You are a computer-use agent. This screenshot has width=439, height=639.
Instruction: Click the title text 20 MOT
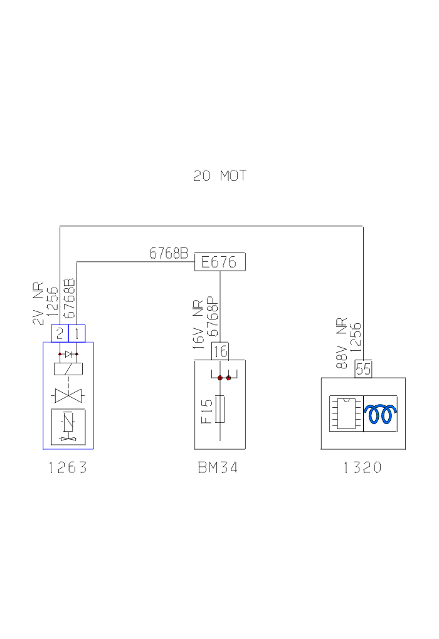(219, 176)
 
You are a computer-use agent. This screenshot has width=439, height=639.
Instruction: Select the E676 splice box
(219, 262)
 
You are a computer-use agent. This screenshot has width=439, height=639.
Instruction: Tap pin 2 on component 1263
(59, 333)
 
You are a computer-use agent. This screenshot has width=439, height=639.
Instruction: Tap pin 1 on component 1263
(77, 333)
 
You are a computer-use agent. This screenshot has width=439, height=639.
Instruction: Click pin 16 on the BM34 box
(219, 351)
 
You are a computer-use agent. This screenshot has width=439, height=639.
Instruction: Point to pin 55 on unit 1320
(363, 369)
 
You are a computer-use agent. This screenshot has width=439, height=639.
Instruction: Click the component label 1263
(68, 467)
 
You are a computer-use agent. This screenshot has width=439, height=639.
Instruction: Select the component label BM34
(219, 467)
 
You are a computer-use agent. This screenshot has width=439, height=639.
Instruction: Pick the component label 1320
(362, 467)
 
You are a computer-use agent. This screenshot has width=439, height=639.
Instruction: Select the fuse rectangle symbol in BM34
(220, 409)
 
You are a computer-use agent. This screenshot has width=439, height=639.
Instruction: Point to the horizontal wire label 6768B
(169, 254)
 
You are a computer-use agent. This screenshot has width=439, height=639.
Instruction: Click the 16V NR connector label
(198, 331)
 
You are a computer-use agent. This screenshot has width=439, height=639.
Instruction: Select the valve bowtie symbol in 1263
(68, 395)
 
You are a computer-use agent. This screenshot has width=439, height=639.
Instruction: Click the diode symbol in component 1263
(68, 354)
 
